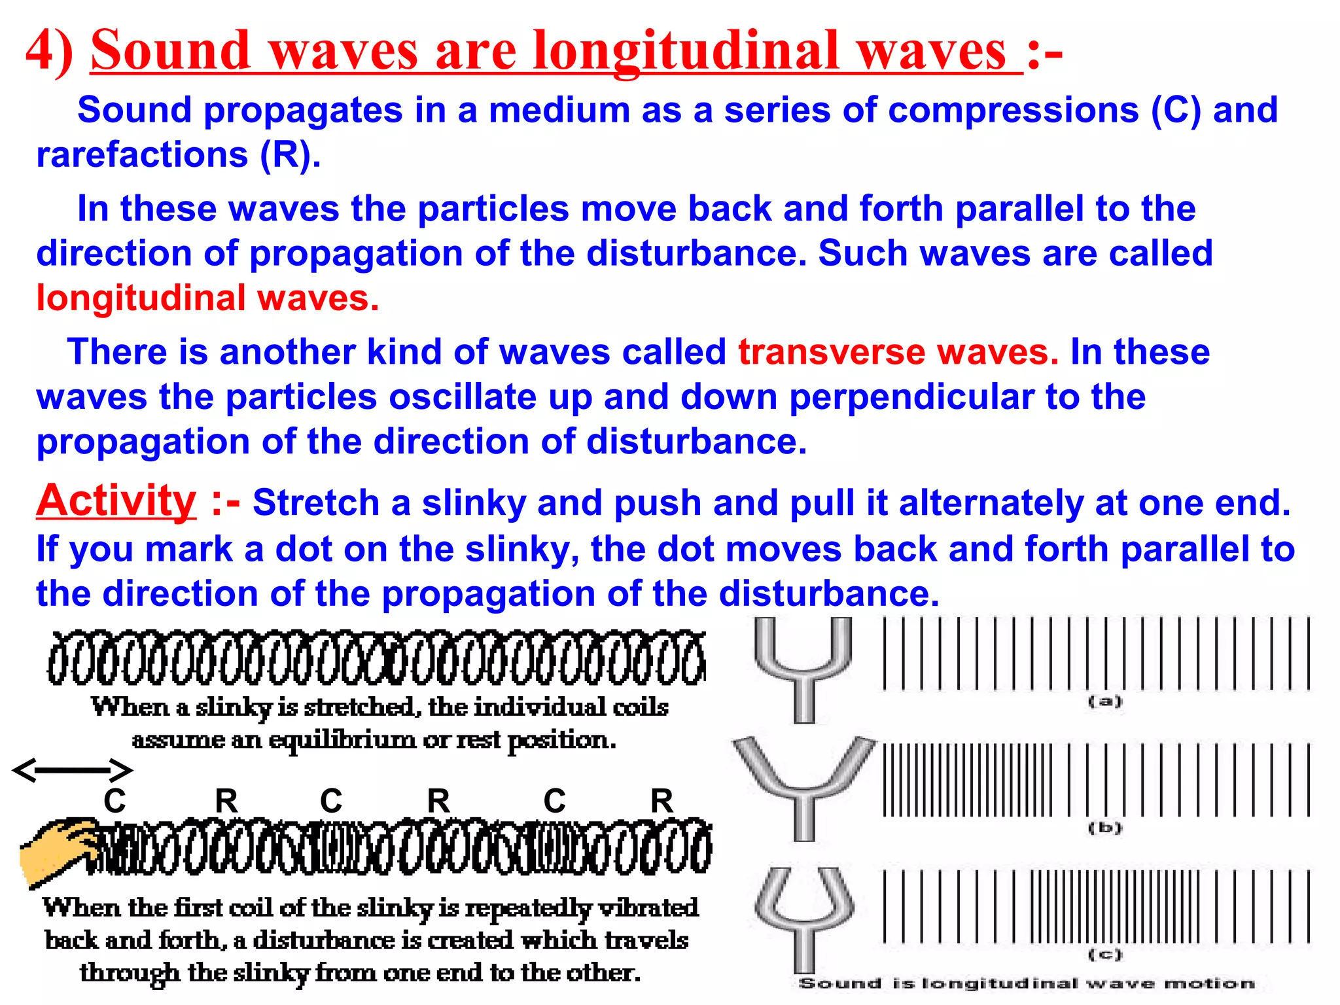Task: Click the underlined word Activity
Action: coord(116,501)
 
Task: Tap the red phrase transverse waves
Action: coord(898,352)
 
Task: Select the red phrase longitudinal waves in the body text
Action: coord(207,298)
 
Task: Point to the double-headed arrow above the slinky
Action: coord(73,770)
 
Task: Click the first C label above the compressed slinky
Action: coord(115,801)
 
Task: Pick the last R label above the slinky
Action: coord(661,801)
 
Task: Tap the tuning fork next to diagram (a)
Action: coord(803,667)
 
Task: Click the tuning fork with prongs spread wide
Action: coord(803,785)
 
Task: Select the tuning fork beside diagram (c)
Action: coord(803,916)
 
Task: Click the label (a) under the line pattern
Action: coord(1104,701)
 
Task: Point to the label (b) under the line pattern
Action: coord(1104,828)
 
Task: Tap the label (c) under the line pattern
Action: coord(1104,954)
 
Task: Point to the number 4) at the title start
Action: coord(50,51)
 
